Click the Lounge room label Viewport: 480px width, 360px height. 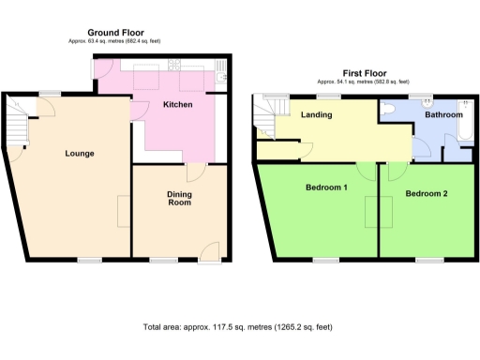[80, 153]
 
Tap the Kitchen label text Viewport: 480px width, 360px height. [178, 104]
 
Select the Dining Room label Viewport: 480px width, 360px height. [179, 198]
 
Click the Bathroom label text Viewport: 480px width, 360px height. [440, 115]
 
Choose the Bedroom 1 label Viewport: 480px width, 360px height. [326, 187]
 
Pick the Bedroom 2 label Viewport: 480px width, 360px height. [427, 193]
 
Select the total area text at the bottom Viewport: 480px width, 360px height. [237, 327]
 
